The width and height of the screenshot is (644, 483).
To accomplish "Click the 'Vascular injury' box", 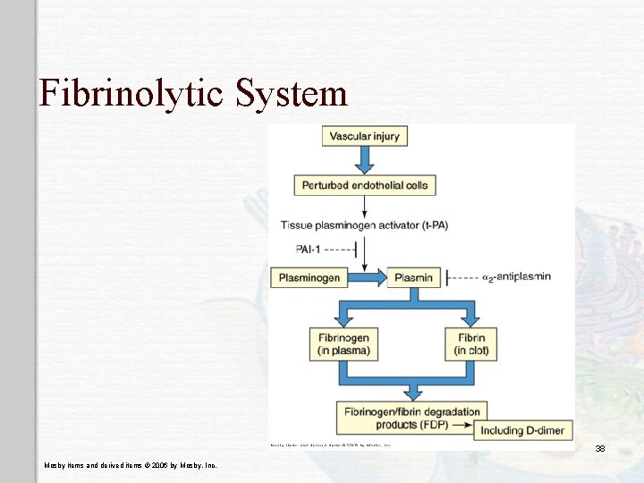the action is click(x=365, y=137).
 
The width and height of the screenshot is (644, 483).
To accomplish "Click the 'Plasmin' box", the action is click(x=413, y=277).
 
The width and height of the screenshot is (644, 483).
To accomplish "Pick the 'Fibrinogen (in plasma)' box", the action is click(x=343, y=344).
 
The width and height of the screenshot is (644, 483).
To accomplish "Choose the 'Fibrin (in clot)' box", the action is click(x=470, y=344).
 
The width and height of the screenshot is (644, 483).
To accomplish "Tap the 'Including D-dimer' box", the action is click(x=522, y=430).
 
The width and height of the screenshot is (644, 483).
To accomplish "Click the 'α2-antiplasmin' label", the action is click(x=516, y=277).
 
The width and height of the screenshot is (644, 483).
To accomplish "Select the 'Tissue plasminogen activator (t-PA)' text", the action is click(x=364, y=225).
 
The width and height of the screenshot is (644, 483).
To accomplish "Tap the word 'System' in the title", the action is click(x=292, y=92).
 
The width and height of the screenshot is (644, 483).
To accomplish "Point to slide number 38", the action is click(x=600, y=448).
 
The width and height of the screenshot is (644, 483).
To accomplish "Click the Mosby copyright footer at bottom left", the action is click(x=130, y=465).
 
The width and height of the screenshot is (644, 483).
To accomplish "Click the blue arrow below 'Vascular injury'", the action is click(x=365, y=161).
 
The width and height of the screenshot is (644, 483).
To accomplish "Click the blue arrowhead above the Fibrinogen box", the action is click(x=343, y=319).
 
